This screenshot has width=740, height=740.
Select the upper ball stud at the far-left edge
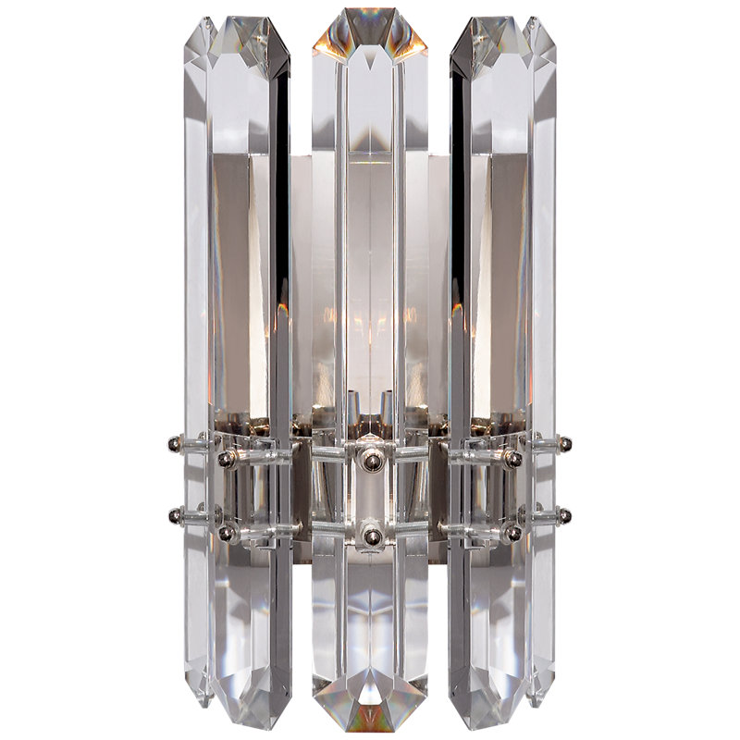tap(174, 444)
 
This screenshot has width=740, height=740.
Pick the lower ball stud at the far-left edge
tap(174, 515)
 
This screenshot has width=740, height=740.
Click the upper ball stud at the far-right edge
tap(565, 444)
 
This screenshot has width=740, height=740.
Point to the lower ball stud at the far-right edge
tap(565, 515)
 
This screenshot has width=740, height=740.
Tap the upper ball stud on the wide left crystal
tap(225, 457)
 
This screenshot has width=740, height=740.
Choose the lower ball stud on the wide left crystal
tap(225, 534)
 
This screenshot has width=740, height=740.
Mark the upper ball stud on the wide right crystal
tap(513, 457)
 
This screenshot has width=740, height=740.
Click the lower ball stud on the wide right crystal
tap(513, 534)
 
